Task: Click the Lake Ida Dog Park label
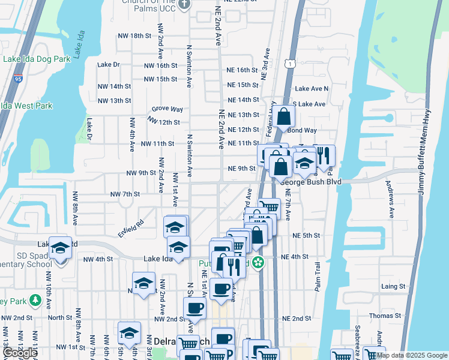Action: coord(37,59)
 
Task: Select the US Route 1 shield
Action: coord(291,63)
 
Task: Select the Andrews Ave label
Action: coord(390,199)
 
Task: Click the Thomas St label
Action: coord(385,316)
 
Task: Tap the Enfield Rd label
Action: coord(131,228)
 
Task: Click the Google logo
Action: coord(20,353)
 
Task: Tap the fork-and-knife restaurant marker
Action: coord(324,156)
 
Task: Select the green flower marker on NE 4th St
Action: coord(259,262)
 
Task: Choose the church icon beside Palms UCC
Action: coord(185,4)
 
